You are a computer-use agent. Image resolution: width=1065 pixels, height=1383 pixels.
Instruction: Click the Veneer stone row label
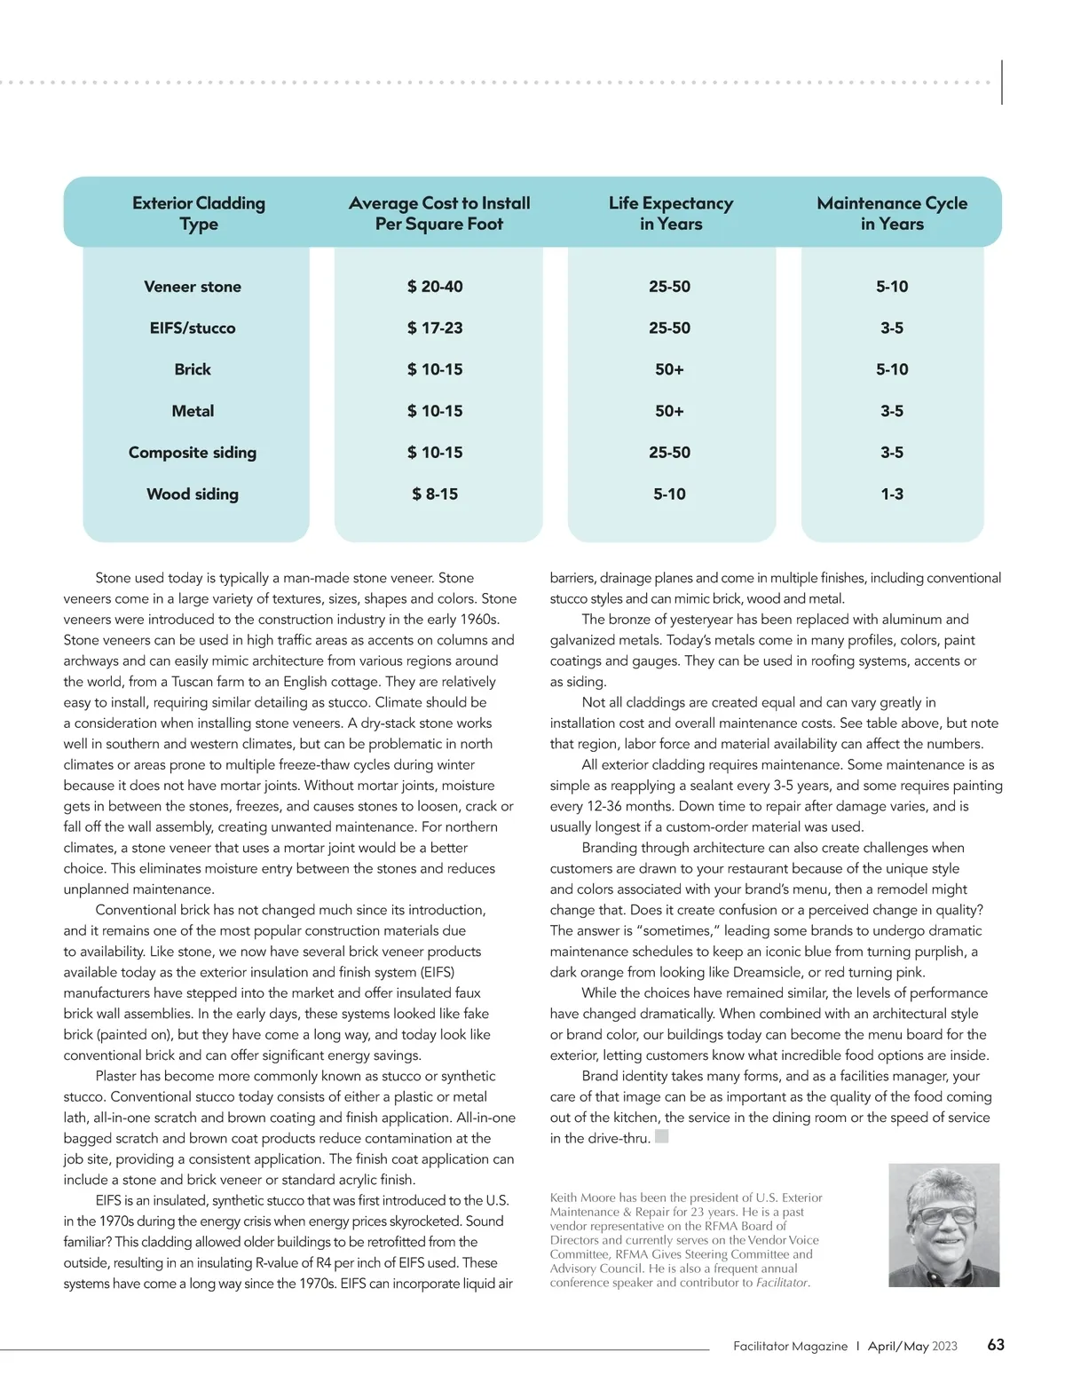(x=193, y=287)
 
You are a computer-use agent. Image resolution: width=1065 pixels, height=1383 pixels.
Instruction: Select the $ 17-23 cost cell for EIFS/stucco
(x=435, y=328)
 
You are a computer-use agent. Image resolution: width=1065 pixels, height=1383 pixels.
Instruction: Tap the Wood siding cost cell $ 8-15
(x=435, y=494)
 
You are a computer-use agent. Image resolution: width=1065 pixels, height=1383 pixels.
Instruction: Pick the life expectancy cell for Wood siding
(x=669, y=494)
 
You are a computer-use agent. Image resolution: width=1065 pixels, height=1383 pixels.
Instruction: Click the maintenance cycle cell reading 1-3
(x=892, y=494)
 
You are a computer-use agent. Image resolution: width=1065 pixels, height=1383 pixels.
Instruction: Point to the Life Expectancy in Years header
(x=671, y=213)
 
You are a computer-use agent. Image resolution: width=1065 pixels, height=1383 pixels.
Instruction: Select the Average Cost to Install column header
(x=439, y=213)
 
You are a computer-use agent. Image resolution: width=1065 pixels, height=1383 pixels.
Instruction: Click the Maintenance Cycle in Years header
(x=892, y=213)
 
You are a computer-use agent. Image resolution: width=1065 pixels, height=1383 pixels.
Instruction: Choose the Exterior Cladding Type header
(x=199, y=213)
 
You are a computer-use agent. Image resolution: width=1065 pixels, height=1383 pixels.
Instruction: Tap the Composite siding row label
(x=193, y=453)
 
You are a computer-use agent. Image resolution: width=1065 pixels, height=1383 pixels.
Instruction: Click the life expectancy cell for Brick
(x=669, y=369)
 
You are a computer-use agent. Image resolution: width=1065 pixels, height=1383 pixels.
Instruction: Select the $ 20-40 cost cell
(x=435, y=287)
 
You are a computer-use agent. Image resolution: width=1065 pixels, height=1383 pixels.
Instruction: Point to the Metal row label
(x=193, y=411)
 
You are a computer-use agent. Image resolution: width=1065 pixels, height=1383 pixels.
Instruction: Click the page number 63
(x=996, y=1345)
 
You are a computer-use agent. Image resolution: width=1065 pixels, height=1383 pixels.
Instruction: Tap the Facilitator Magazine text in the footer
(x=790, y=1347)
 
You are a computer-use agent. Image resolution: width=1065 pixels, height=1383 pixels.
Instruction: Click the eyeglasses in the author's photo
(x=942, y=1214)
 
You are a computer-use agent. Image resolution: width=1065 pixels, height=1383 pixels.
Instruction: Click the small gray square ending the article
(x=661, y=1136)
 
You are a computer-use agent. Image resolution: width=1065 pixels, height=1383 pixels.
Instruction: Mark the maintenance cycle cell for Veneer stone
(x=892, y=287)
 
